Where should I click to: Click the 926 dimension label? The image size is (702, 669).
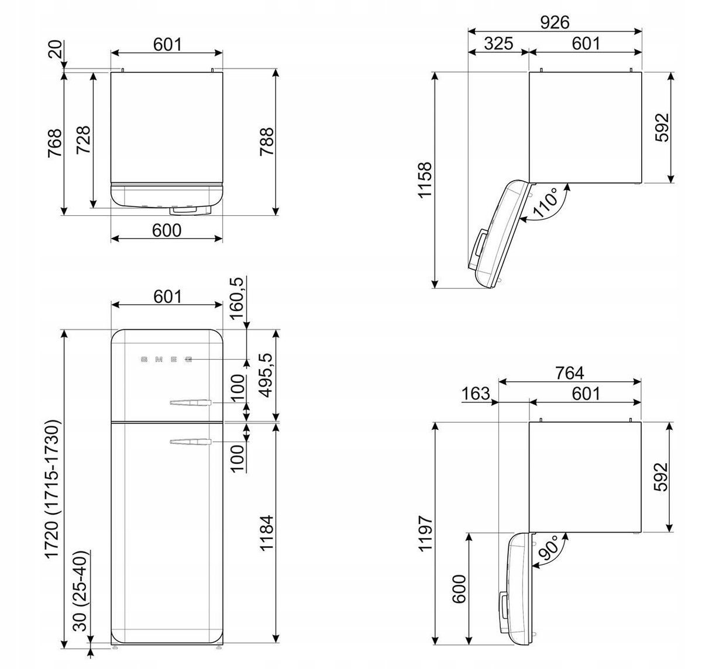point(554,22)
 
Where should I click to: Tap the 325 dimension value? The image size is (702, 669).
point(498,43)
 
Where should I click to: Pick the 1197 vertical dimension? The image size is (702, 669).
point(425,533)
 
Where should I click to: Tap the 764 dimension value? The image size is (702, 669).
point(570,373)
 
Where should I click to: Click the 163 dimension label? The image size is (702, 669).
point(476,394)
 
